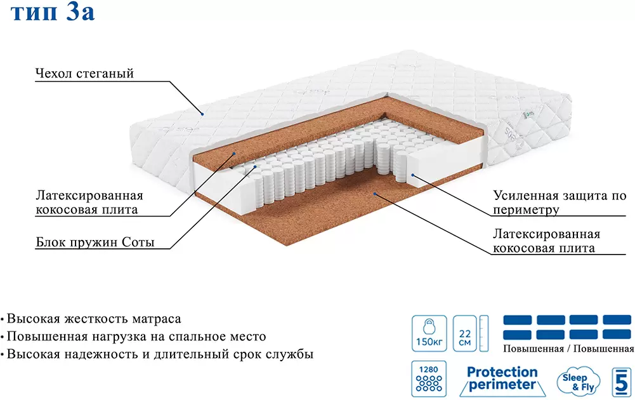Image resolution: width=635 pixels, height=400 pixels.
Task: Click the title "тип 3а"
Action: click(x=53, y=14)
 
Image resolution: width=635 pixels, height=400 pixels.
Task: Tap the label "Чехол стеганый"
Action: click(x=84, y=74)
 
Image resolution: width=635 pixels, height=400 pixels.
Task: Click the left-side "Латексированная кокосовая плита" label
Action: click(x=89, y=202)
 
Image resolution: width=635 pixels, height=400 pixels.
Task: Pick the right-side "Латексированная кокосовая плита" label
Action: click(x=546, y=241)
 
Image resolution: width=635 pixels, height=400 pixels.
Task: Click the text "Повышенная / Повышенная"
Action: click(x=568, y=349)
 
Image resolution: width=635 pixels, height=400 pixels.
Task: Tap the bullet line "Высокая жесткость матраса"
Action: click(x=94, y=318)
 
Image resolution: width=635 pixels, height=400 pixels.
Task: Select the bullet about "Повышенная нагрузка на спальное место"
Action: click(x=136, y=337)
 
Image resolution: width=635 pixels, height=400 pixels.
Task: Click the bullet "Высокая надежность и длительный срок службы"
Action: click(x=159, y=354)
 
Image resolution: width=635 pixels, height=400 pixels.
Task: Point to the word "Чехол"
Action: click(x=55, y=74)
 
